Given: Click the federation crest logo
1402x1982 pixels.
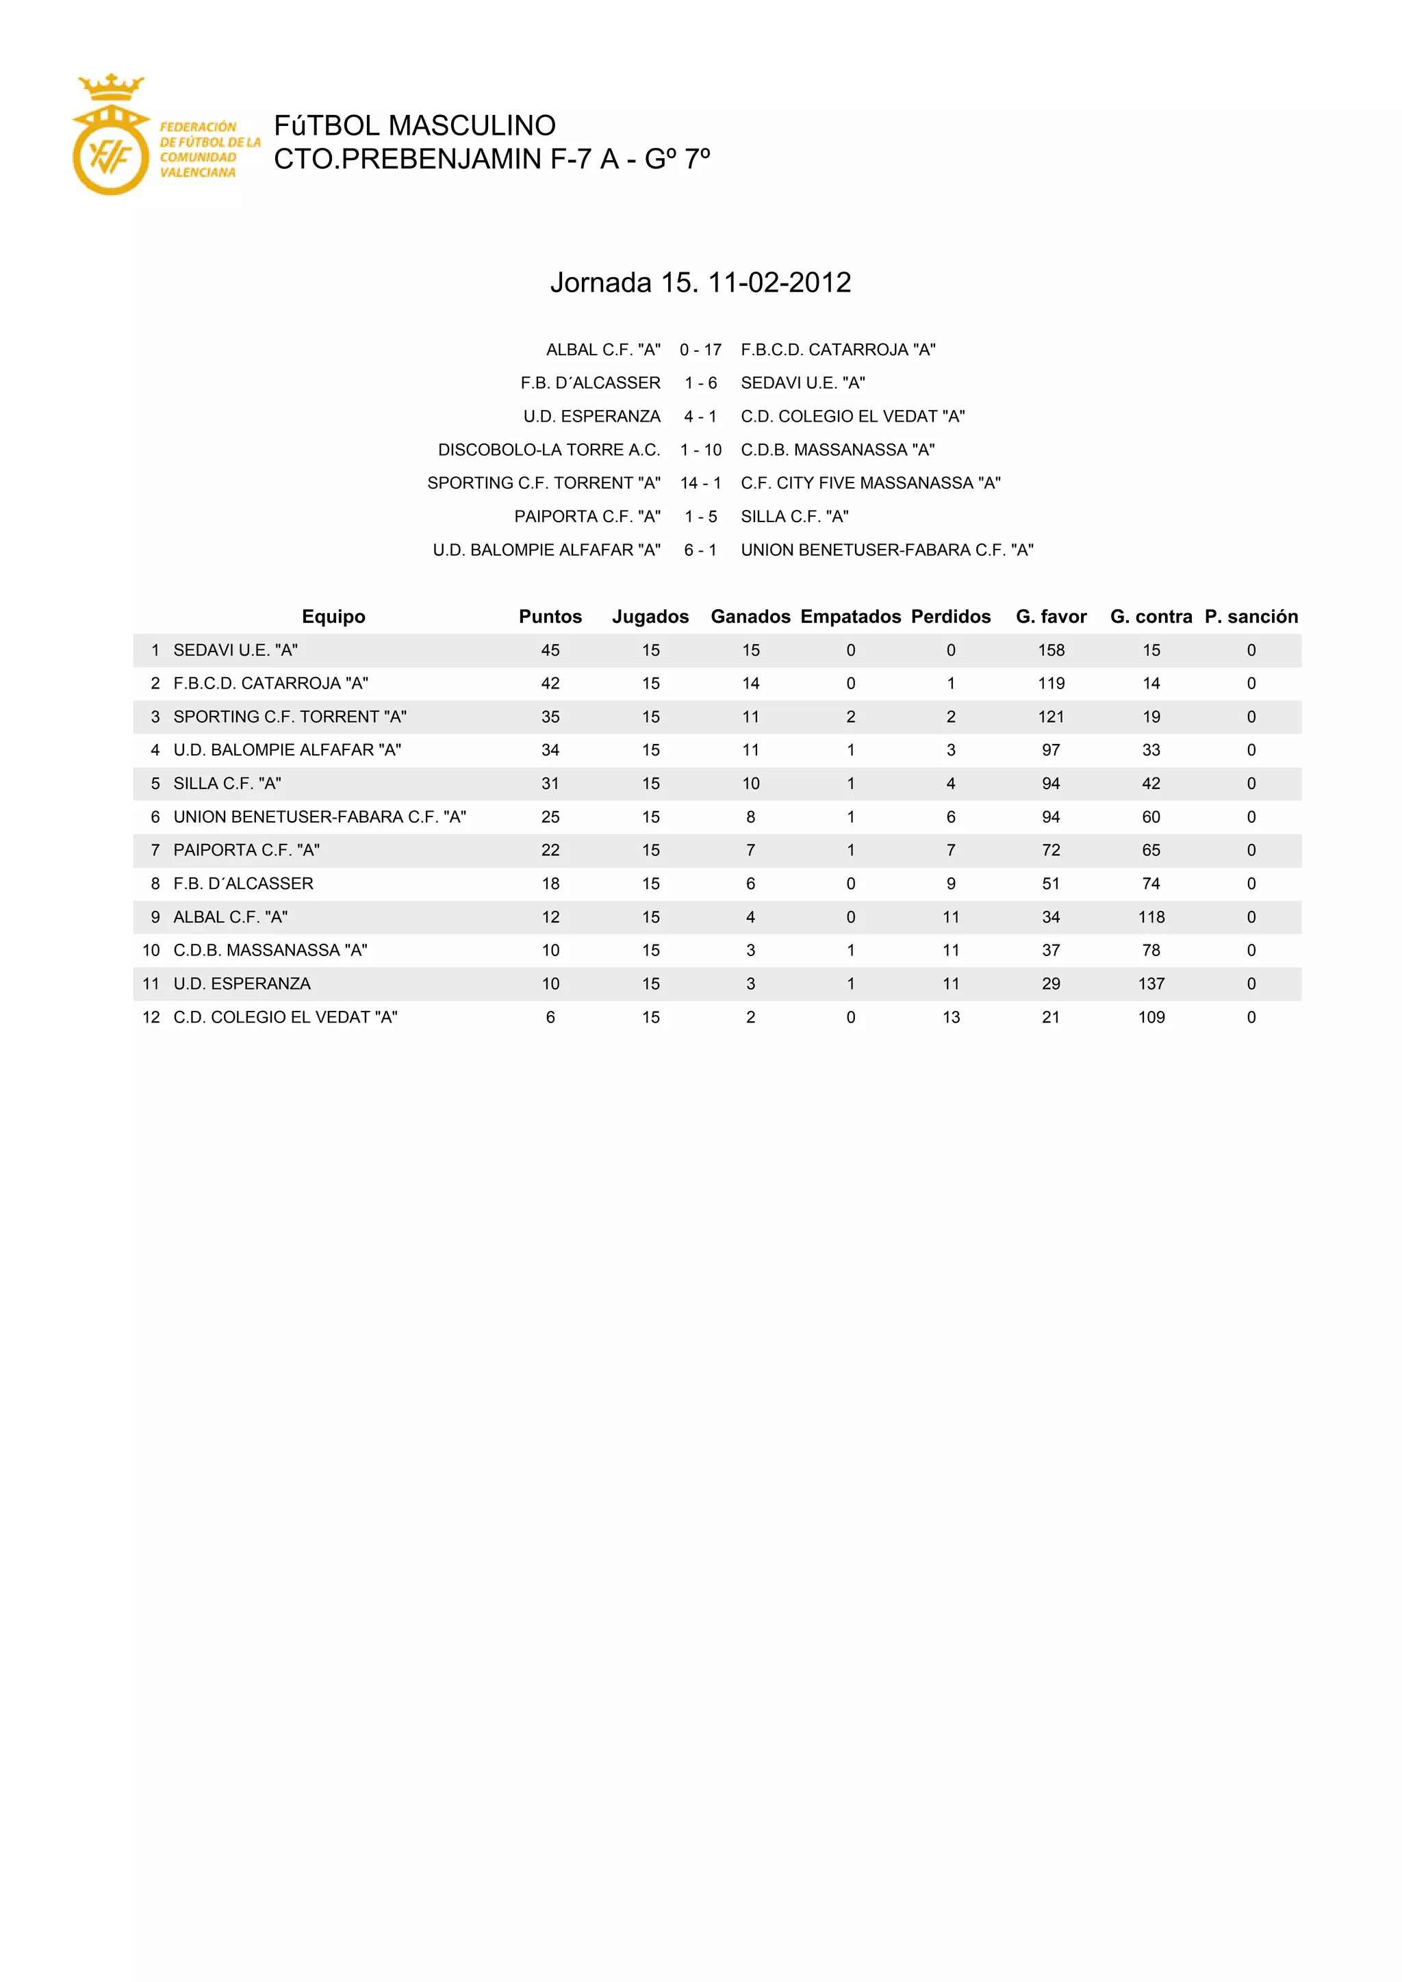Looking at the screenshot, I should coord(110,136).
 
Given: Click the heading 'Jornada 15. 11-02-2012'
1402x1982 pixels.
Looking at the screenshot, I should coord(700,282).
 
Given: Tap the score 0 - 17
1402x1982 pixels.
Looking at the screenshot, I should coord(700,350).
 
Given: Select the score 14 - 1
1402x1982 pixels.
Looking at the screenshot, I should coord(700,482).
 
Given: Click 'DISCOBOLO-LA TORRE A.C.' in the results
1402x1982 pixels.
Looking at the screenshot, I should coord(548,450).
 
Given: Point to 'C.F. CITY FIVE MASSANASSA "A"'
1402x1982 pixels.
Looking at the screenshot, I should coord(870,482).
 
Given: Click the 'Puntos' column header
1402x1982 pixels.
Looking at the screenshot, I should coord(550,617).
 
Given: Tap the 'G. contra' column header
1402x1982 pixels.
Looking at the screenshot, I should coord(1151,617).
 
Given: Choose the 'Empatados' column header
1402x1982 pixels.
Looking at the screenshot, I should coord(850,617).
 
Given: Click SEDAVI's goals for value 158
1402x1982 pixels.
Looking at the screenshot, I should coord(1051,650).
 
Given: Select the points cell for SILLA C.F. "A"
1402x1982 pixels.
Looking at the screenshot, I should coord(550,783).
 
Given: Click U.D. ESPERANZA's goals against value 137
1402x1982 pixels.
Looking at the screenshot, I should coord(1151,983).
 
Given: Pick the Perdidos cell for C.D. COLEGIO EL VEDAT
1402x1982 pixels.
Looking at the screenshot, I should coord(950,1017).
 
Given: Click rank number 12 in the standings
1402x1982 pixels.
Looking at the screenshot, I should coord(151,1017).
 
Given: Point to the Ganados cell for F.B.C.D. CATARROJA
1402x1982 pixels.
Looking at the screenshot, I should coord(750,683).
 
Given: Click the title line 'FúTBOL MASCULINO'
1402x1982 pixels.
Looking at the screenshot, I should coord(414,125).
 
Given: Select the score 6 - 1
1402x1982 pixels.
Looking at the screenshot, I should coord(700,550).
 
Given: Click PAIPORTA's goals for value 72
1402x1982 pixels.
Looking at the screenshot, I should coord(1051,849).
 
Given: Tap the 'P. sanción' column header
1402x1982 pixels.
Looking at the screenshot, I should coord(1251,617).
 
